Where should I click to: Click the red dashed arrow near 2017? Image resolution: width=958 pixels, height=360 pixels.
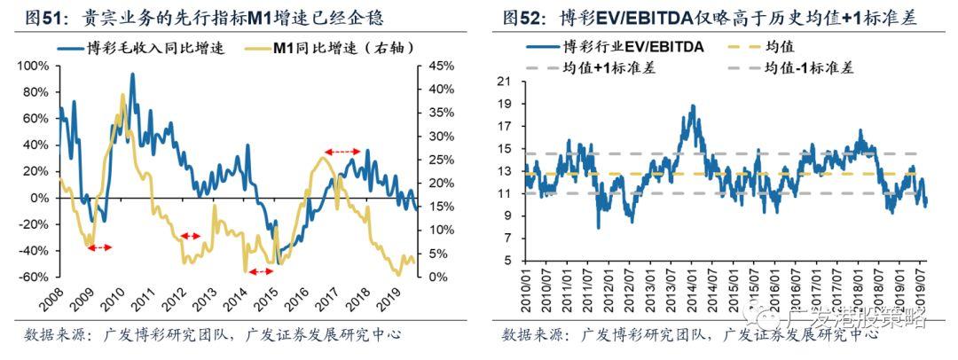pyautogui.click(x=342, y=153)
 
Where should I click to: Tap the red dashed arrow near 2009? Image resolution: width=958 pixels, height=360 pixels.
pyautogui.click(x=99, y=247)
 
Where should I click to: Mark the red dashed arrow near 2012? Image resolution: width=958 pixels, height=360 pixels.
pyautogui.click(x=191, y=236)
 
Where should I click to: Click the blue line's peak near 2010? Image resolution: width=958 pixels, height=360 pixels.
pyautogui.click(x=132, y=74)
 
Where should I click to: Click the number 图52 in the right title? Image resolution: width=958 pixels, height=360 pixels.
pyautogui.click(x=521, y=17)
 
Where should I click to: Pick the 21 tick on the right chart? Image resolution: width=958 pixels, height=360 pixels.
pyautogui.click(x=506, y=82)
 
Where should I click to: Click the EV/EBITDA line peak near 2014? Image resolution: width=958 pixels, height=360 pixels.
pyautogui.click(x=692, y=106)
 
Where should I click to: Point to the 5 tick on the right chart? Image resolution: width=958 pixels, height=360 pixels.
pyautogui.click(x=509, y=262)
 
